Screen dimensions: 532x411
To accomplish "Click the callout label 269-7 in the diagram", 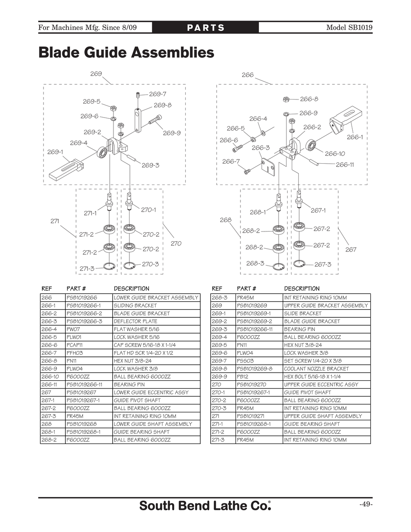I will (158, 94).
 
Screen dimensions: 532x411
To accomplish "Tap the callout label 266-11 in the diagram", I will (345, 164).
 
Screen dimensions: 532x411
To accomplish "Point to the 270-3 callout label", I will (150, 264).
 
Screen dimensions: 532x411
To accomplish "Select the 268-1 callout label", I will (258, 212).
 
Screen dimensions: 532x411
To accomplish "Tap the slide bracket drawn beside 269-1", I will (66, 169).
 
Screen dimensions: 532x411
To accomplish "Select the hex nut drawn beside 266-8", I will (287, 99).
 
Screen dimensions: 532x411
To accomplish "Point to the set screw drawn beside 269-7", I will (139, 95).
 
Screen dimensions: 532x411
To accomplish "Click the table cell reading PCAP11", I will (75, 345).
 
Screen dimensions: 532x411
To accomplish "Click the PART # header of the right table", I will (246, 289).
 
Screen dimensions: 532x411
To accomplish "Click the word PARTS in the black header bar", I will (205, 28).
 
